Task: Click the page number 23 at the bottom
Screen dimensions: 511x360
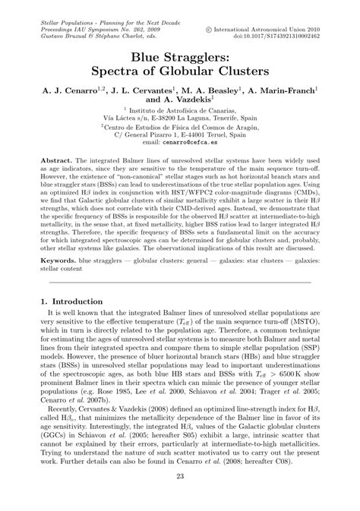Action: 180,476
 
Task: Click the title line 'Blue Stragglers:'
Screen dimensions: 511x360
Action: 180,55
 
